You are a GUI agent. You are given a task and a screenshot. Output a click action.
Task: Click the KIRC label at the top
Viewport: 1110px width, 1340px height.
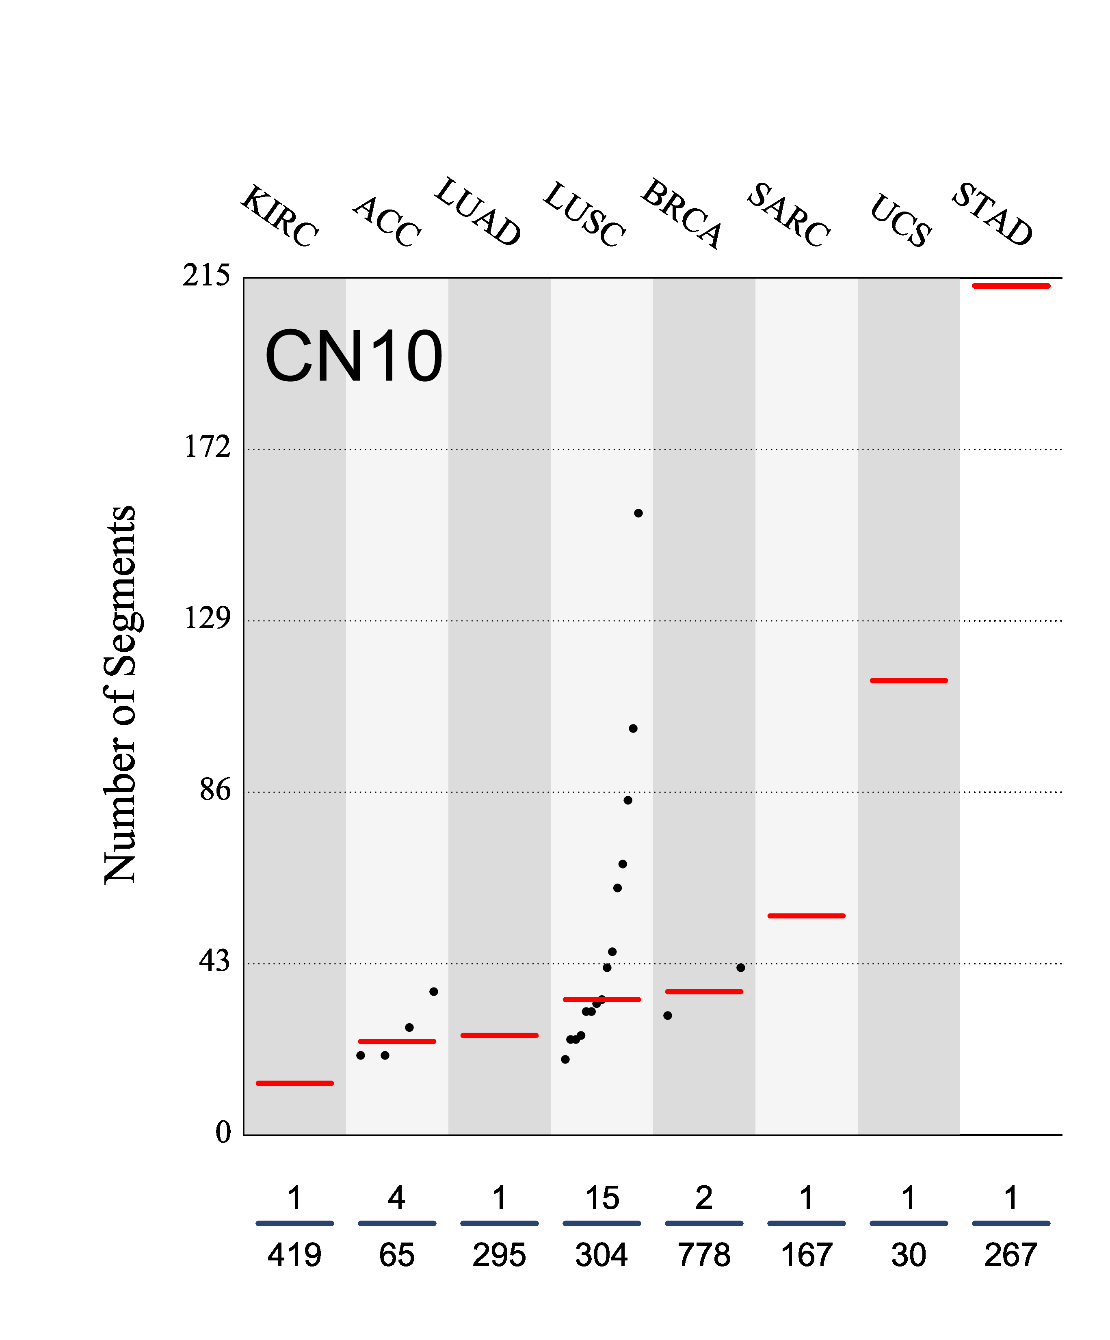click(x=279, y=216)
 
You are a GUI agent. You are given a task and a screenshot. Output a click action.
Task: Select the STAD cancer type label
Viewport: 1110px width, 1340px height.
click(x=991, y=214)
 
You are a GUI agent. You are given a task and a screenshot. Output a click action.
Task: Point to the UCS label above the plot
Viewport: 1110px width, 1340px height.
click(x=900, y=220)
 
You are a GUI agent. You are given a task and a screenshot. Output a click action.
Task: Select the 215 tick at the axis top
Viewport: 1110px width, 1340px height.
click(x=206, y=276)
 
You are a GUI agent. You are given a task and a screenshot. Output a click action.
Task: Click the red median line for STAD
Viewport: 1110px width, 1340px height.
click(x=1010, y=286)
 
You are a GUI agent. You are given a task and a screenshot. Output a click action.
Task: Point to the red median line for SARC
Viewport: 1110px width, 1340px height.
click(x=806, y=916)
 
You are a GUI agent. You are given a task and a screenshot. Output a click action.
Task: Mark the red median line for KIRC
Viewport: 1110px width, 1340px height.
click(x=294, y=1083)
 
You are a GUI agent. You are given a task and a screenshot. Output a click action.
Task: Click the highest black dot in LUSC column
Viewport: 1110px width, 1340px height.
click(x=638, y=513)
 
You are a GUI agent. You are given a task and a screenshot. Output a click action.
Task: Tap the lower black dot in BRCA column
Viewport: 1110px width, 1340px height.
click(x=667, y=1015)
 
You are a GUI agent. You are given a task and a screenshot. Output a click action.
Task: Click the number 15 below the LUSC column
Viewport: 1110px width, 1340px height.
click(x=602, y=1198)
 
